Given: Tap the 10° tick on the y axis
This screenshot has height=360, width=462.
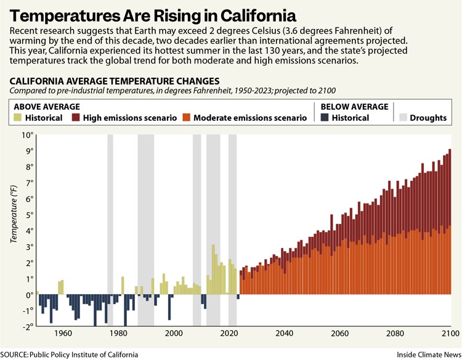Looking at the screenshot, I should click(x=25, y=134).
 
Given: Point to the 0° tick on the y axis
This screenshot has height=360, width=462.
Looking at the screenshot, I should click(x=28, y=295).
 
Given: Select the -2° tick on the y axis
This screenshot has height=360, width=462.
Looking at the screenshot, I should click(x=25, y=327).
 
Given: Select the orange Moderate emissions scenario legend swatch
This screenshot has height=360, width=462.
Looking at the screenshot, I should click(x=187, y=117).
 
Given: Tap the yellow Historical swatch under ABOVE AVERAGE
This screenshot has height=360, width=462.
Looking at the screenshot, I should click(x=17, y=117).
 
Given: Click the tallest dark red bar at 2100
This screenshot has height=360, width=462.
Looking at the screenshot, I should click(x=450, y=185).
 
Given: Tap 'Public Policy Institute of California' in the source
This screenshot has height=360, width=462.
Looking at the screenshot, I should click(x=86, y=354).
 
